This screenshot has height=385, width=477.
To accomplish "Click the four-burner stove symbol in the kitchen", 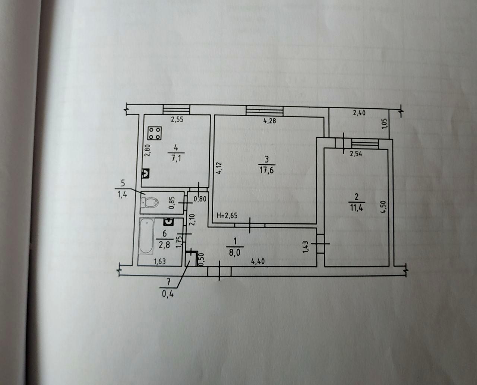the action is [x=155, y=133].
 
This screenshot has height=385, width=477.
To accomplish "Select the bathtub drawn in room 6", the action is [x=146, y=236].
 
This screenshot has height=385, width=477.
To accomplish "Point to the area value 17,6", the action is [x=266, y=171].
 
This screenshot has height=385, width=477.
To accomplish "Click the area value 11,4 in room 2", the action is [x=357, y=208].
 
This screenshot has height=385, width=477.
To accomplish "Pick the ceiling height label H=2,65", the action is [x=227, y=216].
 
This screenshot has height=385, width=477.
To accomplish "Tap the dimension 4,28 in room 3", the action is [x=270, y=121].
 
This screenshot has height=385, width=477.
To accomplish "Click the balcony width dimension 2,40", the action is [x=359, y=113].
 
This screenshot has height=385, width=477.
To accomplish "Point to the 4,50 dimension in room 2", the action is [x=383, y=207].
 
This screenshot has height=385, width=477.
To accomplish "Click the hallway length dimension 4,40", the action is [x=258, y=261].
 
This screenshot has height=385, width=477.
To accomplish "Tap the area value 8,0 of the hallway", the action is [x=235, y=253].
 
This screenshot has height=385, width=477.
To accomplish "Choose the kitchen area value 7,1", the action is [x=176, y=159].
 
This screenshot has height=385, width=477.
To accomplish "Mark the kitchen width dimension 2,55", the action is [x=177, y=120].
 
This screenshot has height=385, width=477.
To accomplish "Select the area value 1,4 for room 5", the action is [x=122, y=195].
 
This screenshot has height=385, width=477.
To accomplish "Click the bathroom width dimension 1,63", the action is [x=159, y=261].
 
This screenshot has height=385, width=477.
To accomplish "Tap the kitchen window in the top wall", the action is [x=176, y=109].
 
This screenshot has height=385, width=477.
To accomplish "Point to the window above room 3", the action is [x=265, y=111].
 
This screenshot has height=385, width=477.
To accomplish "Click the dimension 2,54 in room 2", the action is [x=356, y=154].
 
